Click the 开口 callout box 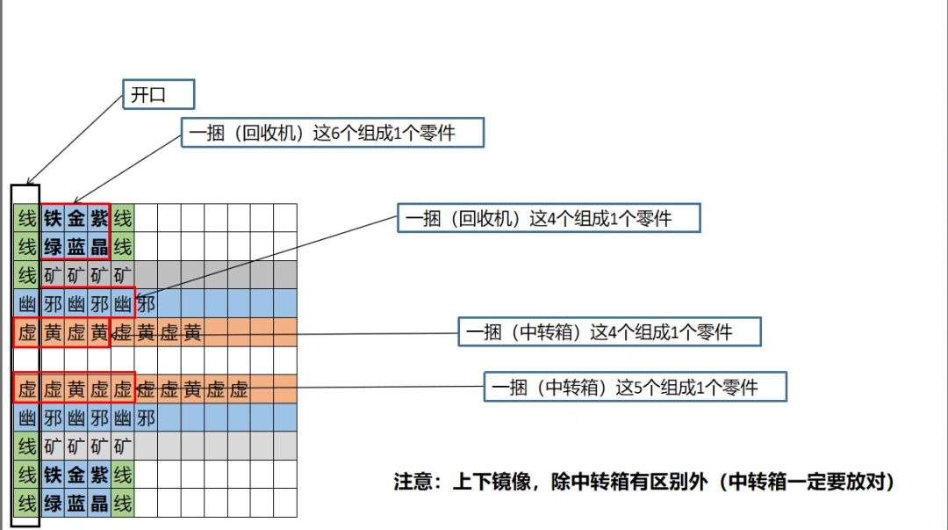coord(158,95)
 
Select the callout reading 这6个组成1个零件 coord(333,134)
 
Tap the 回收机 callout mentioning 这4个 coord(549,218)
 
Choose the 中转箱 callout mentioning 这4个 coord(609,331)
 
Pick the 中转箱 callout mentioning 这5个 coord(636,387)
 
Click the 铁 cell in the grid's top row coord(53,218)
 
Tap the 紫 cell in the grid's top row coord(99,218)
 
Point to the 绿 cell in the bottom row coord(53,503)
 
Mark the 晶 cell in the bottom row coord(99,503)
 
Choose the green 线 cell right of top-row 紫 coord(122,218)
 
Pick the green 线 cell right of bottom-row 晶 coord(122,503)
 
